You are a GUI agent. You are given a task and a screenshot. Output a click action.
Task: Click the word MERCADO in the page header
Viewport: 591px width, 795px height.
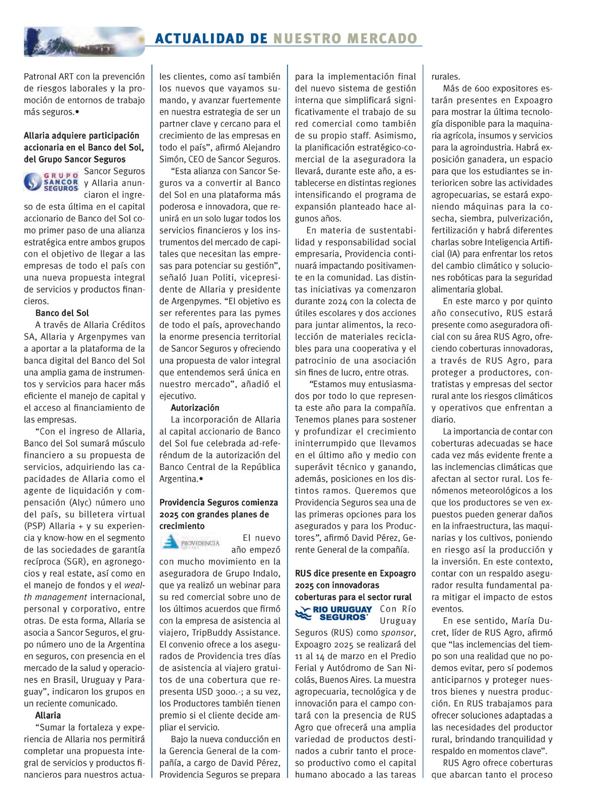point(386,38)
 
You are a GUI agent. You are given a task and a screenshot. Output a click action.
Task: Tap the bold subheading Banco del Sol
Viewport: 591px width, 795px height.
point(62,313)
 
